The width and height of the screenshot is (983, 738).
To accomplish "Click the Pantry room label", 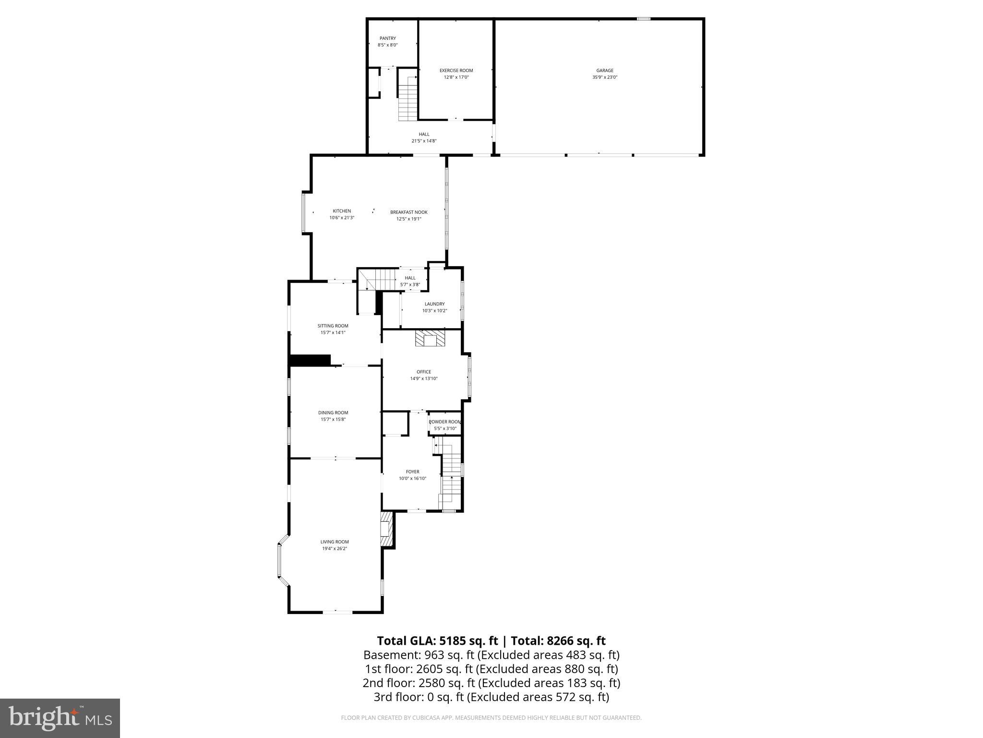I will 387,38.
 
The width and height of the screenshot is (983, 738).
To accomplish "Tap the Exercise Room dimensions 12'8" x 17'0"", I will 456,77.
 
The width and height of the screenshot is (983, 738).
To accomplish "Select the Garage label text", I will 605,71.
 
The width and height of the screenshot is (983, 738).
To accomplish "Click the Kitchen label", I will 342,211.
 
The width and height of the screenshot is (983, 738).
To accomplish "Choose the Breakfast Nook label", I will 408,212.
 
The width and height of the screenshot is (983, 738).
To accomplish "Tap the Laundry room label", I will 434,304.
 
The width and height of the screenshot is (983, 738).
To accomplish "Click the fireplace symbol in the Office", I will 430,339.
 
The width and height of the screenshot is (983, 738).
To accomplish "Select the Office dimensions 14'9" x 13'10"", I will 423,379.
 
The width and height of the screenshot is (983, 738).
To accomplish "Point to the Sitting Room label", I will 333,326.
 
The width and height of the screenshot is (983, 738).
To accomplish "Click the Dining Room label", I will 333,413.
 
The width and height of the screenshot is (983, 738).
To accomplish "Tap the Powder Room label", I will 444,422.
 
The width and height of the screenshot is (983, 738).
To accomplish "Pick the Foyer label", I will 412,472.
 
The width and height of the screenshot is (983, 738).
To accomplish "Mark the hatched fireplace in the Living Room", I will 386,529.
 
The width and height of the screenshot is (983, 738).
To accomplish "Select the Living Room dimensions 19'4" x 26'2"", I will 335,548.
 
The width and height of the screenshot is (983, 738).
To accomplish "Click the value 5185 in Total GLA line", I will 452,641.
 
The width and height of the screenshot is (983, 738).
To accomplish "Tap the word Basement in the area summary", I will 391,655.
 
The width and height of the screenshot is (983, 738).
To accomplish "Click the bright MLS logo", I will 60,718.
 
